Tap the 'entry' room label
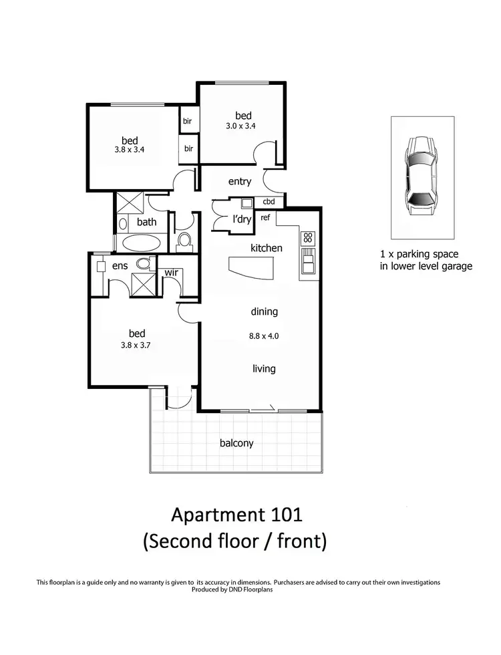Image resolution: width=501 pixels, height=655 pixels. (240, 182)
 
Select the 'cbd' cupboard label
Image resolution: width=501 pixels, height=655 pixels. (269, 201)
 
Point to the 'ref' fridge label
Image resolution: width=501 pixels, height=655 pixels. (265, 217)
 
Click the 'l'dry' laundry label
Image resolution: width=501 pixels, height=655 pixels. (240, 220)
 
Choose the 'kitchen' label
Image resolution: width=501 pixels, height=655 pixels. (267, 248)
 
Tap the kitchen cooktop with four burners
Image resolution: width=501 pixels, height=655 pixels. (308, 237)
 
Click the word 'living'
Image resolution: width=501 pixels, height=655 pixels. (264, 368)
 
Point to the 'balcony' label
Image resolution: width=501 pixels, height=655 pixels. (236, 442)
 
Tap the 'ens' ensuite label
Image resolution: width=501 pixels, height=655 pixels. (120, 266)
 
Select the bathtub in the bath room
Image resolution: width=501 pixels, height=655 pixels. (138, 243)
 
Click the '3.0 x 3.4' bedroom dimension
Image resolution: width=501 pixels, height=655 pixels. (242, 125)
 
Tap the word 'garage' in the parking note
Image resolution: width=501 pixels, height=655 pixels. (456, 266)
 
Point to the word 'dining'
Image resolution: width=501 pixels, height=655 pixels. (264, 311)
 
